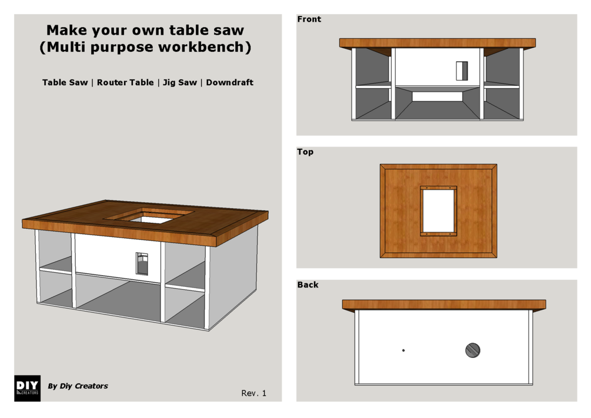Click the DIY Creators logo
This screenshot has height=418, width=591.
27,388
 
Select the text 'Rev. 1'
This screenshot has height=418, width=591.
253,393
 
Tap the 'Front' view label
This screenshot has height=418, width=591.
309,19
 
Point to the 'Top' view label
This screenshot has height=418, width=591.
305,152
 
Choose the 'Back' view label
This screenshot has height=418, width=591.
308,285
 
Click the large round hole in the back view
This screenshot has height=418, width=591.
473,350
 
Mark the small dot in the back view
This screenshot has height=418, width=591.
403,350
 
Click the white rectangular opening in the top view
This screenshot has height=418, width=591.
438,210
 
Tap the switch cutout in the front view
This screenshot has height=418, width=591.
462,71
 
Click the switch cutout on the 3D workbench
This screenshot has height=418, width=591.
142,263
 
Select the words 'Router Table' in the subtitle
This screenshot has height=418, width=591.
125,82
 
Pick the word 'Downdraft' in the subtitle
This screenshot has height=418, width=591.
229,82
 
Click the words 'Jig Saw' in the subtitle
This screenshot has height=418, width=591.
180,82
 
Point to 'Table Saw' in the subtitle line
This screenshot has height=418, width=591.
65,82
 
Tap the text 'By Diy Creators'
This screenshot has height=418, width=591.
78,386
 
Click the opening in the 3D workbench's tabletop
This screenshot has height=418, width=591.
149,216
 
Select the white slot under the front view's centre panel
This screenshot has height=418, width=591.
437,96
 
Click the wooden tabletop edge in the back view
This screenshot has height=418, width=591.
444,305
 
